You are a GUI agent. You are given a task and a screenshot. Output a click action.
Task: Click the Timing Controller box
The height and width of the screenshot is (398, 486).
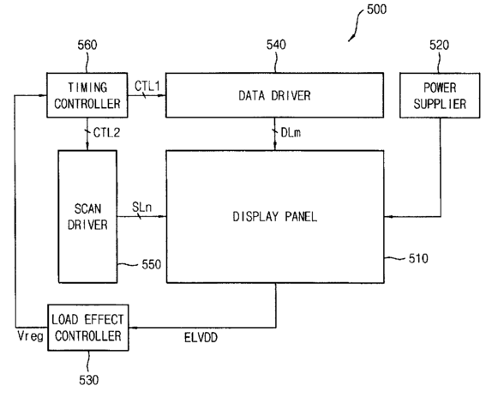tap(87, 95)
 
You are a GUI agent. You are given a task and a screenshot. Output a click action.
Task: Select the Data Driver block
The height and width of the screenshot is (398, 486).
tap(274, 95)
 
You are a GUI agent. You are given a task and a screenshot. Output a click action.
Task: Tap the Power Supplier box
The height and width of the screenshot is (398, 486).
tap(440, 95)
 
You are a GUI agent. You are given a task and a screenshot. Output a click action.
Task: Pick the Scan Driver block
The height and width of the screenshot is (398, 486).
tap(87, 216)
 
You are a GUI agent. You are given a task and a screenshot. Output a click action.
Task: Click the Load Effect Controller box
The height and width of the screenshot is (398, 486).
tap(88, 328)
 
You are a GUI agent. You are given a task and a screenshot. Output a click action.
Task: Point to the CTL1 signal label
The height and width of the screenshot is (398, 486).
tap(147, 86)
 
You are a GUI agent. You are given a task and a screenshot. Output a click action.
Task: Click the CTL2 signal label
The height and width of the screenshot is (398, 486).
tap(106, 133)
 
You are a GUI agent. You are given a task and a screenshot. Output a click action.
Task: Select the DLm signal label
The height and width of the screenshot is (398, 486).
tap(291, 133)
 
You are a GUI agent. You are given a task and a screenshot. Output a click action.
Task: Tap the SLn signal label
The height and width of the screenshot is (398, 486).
tap(142, 208)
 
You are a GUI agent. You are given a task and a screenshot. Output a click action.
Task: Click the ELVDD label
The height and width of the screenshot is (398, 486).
tap(201, 337)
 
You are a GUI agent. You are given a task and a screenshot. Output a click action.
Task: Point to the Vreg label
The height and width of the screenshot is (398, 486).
tap(30, 336)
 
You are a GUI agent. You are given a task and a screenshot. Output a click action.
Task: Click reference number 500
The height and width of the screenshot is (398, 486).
tap(376, 9)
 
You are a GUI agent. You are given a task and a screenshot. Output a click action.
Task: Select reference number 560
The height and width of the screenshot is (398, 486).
tap(87, 45)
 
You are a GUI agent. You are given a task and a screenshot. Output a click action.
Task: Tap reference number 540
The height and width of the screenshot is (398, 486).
tap(276, 45)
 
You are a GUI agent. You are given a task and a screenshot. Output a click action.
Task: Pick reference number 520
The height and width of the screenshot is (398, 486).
tap(439, 45)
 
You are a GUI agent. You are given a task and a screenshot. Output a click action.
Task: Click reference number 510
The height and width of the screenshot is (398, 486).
tap(418, 258)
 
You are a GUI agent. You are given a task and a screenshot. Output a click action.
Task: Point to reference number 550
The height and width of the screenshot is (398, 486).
tap(152, 264)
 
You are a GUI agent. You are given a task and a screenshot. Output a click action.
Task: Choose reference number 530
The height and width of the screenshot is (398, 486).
tap(89, 380)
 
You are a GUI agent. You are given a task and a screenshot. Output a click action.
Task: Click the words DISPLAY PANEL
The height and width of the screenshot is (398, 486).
tap(275, 216)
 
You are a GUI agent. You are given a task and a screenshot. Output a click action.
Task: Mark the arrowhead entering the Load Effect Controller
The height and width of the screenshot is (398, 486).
tap(132, 328)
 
